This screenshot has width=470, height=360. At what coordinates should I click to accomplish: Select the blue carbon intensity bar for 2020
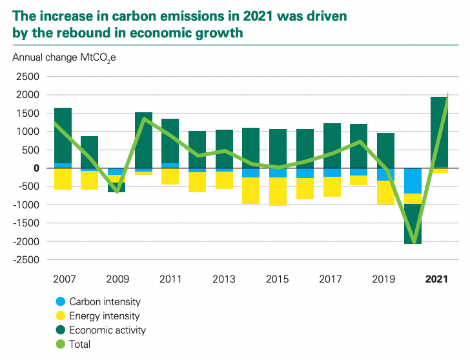click(x=413, y=181)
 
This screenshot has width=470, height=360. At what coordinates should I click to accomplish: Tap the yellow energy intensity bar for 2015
click(x=278, y=192)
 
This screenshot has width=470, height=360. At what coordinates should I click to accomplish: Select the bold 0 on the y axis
click(x=36, y=168)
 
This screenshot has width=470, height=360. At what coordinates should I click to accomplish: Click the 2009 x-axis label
click(x=116, y=279)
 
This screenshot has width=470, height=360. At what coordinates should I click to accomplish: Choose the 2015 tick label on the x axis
click(x=278, y=279)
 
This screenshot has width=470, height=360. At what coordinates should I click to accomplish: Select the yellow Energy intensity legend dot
click(x=61, y=316)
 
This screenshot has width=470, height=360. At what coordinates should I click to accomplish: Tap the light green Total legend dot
click(x=61, y=345)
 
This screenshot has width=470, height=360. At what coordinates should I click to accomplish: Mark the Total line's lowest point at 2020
click(x=413, y=240)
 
